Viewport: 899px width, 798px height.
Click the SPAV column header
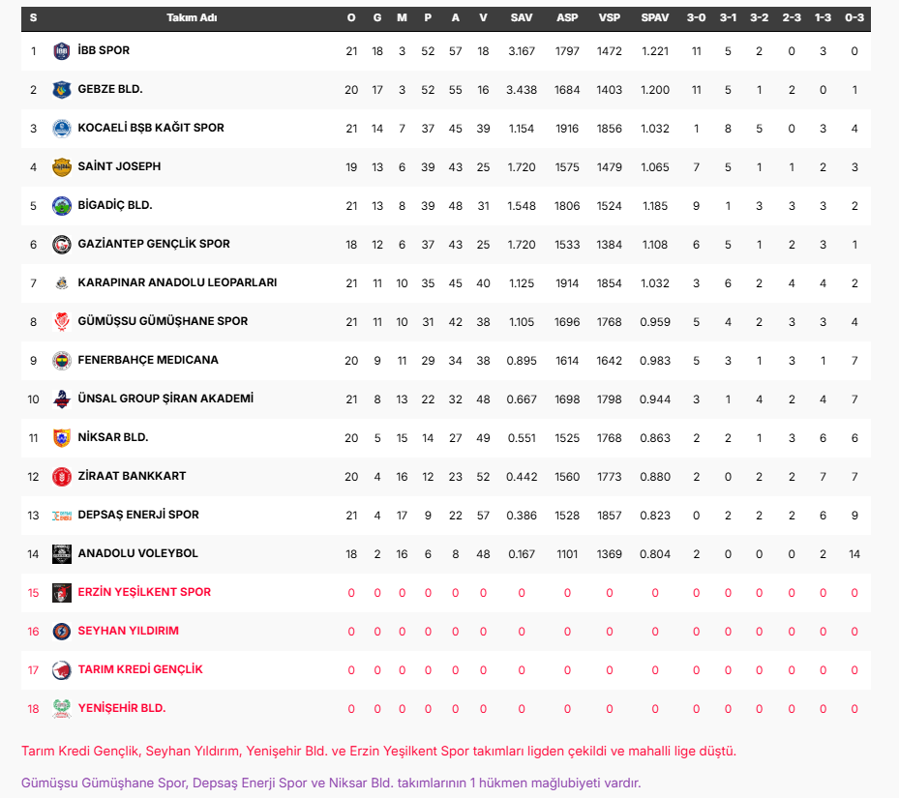(x=655, y=18)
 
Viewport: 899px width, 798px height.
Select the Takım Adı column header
(x=192, y=18)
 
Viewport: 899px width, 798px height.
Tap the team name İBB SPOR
(x=104, y=50)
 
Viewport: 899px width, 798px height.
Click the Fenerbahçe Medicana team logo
(x=62, y=360)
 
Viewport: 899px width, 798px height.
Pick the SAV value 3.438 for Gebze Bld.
(x=522, y=90)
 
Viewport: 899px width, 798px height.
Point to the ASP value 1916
(x=567, y=129)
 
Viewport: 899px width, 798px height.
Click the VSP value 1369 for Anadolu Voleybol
(x=610, y=554)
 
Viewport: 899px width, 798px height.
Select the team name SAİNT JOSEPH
(x=119, y=166)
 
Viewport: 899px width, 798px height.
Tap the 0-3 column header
(x=854, y=18)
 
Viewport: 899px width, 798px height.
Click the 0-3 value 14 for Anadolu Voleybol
(x=854, y=554)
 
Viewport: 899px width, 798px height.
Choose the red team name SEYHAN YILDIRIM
(x=128, y=631)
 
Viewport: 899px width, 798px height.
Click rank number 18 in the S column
(x=33, y=709)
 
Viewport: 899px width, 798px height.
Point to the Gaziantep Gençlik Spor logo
(x=62, y=245)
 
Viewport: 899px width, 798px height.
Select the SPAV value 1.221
(x=655, y=51)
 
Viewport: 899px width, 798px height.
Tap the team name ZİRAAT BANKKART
(x=132, y=476)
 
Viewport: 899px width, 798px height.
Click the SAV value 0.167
(x=522, y=554)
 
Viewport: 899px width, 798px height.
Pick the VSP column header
(x=610, y=18)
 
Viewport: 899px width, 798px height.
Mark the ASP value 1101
(x=567, y=554)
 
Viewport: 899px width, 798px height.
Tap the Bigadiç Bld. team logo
(x=62, y=206)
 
